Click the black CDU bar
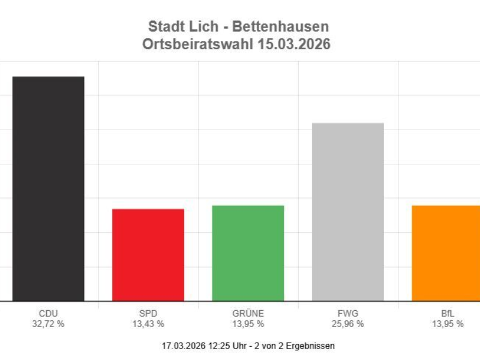[x=48, y=189]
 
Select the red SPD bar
[x=148, y=255]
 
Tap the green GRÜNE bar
[x=248, y=253]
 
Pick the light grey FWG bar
[x=348, y=212]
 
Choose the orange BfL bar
[x=446, y=253]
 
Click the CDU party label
[x=48, y=313]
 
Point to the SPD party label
[x=148, y=313]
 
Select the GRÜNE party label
[x=248, y=313]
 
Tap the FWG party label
[x=347, y=313]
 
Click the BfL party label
[x=448, y=313]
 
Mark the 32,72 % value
[x=48, y=324]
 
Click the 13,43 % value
[x=148, y=324]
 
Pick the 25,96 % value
[x=347, y=324]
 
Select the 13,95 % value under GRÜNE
[x=248, y=324]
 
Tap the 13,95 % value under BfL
[x=448, y=324]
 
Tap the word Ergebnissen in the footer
[x=312, y=346]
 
